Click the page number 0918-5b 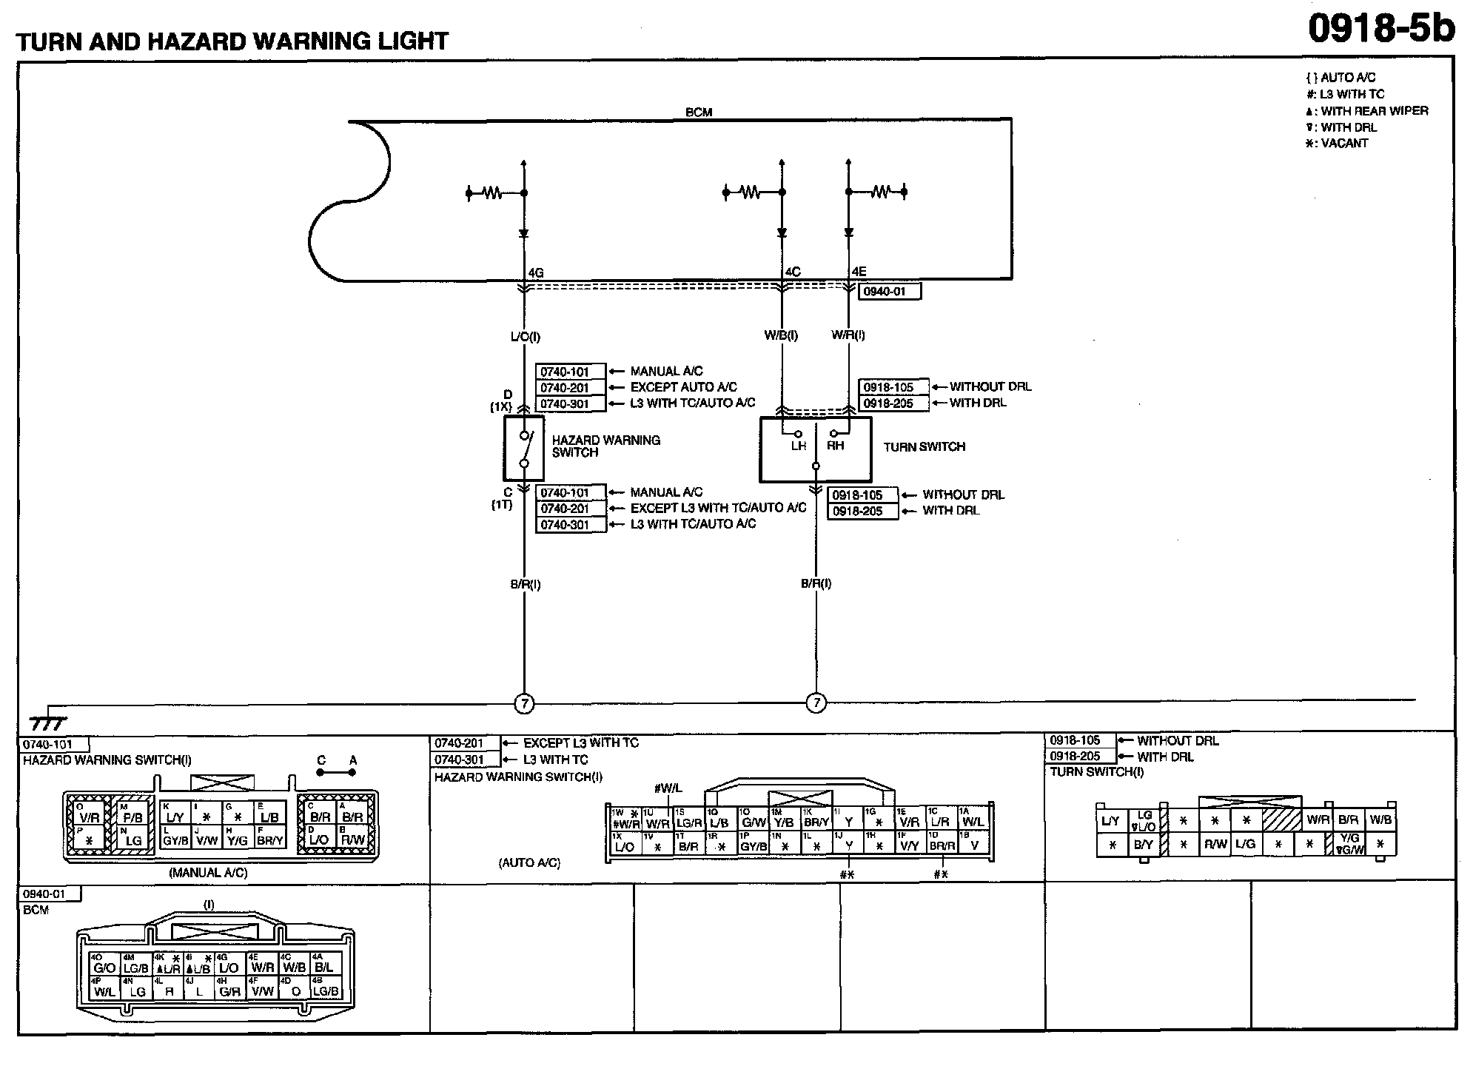pos(1380,30)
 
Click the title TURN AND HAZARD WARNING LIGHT pos(232,41)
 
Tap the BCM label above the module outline pos(699,113)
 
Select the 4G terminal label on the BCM pos(536,272)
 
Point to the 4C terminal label pos(793,272)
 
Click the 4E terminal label pos(859,272)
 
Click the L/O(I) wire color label pos(525,337)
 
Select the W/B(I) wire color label pos(781,335)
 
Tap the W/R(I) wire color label pos(848,335)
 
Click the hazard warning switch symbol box pos(524,448)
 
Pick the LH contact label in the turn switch pos(798,446)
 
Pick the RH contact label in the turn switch pos(835,446)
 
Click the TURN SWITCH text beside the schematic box pos(924,446)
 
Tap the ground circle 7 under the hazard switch pos(524,703)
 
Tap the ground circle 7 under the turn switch pos(816,703)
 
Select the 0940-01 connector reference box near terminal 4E pos(889,292)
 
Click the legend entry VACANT pos(1343,144)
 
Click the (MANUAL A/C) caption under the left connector pos(209,873)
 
